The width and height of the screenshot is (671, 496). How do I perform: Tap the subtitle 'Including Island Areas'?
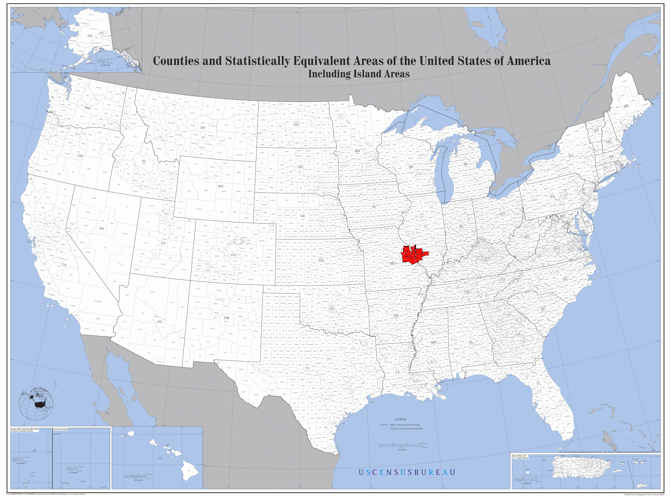(359, 74)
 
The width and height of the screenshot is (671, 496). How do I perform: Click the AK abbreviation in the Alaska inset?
(90, 36)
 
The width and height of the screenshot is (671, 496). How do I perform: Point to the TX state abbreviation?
(307, 368)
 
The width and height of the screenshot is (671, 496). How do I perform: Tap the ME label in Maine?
(626, 106)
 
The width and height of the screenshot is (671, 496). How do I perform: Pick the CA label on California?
(64, 265)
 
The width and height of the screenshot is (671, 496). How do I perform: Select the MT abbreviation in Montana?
(203, 128)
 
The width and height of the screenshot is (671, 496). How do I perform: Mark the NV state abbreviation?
(102, 228)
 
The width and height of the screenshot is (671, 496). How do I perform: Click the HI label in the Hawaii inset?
(160, 459)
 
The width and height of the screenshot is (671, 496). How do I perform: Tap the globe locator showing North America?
(36, 404)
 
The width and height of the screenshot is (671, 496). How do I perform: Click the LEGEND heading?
(401, 419)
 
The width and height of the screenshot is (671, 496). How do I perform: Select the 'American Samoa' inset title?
(60, 429)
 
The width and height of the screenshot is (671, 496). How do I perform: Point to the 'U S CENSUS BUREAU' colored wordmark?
(407, 472)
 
